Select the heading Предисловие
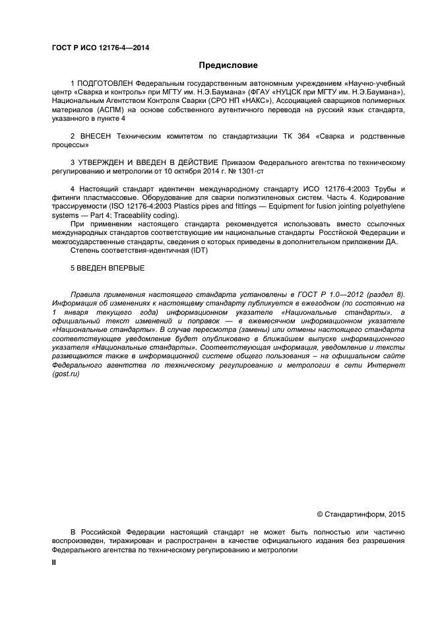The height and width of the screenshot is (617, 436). [x=228, y=65]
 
